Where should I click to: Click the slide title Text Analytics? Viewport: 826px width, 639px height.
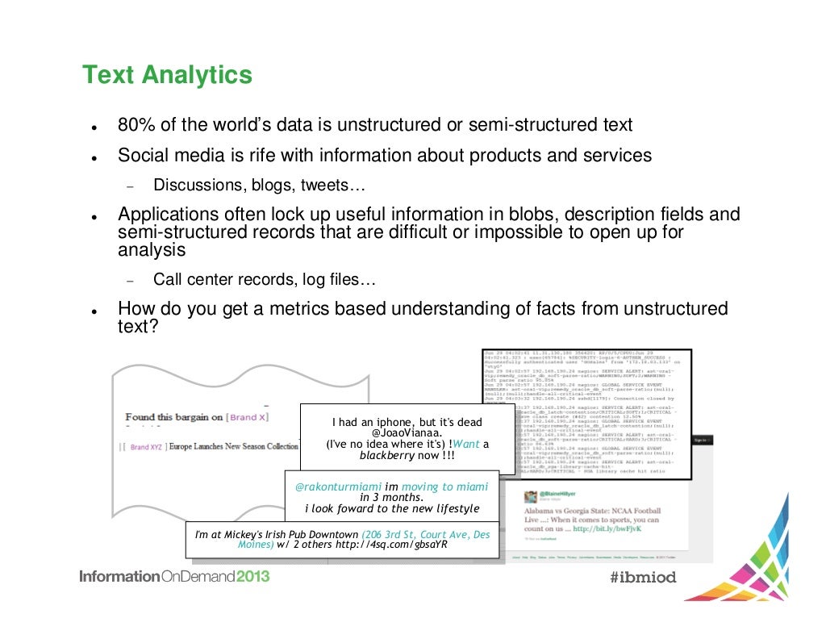coord(167,76)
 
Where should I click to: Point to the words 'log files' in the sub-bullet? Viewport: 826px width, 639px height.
coord(332,280)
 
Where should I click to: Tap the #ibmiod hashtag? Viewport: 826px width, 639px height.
coord(643,578)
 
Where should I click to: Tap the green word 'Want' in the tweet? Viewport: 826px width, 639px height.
coord(467,444)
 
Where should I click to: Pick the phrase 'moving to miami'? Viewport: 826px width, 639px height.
coord(444,487)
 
